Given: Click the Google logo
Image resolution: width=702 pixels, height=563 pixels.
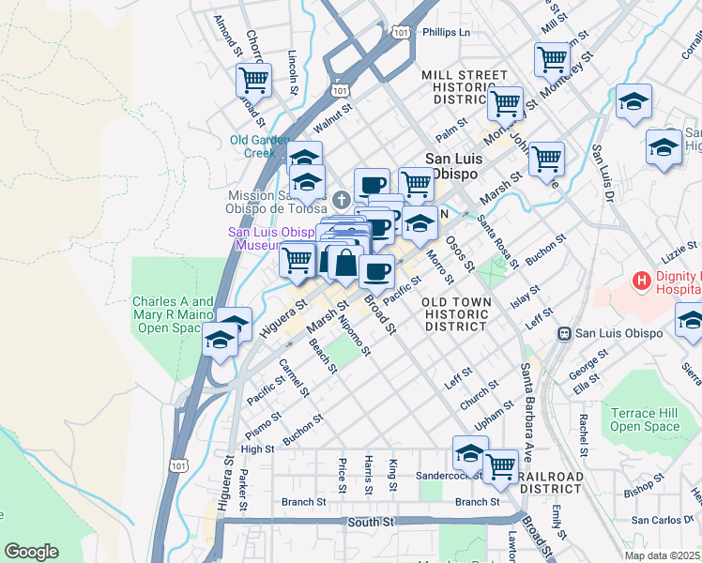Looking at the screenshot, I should [x=31, y=552].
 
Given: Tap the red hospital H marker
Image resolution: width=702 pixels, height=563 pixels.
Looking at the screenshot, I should [x=642, y=280].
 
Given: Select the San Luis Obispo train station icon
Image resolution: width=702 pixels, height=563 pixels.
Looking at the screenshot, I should [x=565, y=333].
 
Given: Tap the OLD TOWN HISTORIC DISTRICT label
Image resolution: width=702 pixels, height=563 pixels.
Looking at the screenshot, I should [x=455, y=314].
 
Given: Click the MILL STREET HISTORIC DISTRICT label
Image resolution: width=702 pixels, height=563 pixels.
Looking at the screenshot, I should [x=464, y=86].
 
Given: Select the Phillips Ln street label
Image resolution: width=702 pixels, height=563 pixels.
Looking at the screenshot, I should [x=446, y=32].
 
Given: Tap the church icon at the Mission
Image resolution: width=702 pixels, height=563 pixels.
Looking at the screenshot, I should [x=342, y=200].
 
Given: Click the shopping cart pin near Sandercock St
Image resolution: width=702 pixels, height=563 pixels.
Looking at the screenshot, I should [x=500, y=464].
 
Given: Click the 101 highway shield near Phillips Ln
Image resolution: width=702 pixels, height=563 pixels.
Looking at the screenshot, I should [x=402, y=32].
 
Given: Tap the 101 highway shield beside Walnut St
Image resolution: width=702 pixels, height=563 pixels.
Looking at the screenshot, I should [x=340, y=90].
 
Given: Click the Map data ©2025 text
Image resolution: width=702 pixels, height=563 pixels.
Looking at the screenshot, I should [x=663, y=555].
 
